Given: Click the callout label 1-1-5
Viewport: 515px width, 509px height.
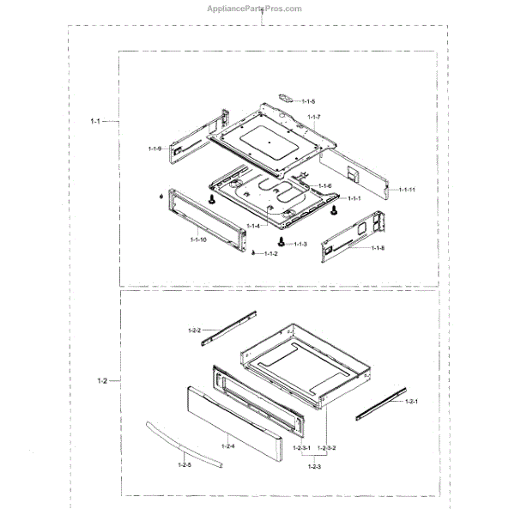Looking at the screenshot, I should tap(308, 102).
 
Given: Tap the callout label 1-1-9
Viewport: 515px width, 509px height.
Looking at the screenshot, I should tap(154, 149).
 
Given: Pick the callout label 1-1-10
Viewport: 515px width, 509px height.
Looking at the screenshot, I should tap(197, 239).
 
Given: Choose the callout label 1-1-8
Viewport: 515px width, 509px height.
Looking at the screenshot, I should tap(378, 248).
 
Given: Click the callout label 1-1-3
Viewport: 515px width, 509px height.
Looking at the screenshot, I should tap(300, 245).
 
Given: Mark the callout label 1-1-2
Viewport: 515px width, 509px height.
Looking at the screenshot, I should tap(270, 254).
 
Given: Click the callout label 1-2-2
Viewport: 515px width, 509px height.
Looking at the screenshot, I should tap(194, 330).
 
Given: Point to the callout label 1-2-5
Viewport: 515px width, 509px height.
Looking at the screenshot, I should tap(184, 464).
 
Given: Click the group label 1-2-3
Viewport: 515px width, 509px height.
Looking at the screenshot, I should tap(312, 465).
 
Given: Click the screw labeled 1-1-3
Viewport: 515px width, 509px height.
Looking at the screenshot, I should tap(281, 240).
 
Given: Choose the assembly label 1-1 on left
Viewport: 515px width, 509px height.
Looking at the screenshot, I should tap(95, 122).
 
